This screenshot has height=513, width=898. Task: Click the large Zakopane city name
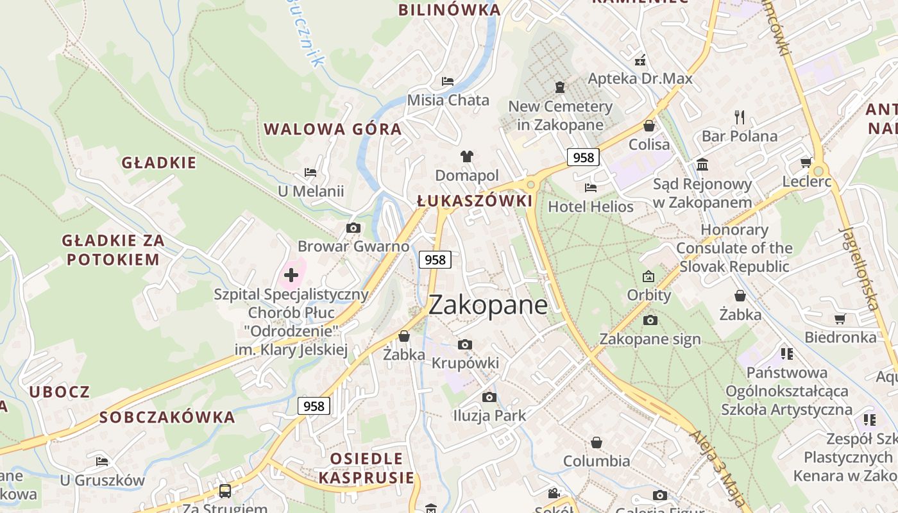487,305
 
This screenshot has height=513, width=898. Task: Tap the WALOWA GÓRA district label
333,129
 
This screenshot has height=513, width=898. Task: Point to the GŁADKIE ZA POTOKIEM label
113,250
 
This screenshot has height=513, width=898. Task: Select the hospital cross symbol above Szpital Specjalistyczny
291,276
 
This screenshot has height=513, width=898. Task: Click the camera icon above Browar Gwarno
353,228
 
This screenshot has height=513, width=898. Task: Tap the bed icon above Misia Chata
448,81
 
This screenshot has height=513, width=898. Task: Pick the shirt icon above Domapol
466,156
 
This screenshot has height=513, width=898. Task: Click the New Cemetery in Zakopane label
560,115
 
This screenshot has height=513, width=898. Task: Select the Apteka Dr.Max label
640,79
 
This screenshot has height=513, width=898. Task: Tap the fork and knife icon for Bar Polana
740,117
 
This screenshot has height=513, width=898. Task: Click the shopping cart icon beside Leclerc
806,163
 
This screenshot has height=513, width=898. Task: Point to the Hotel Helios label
590,206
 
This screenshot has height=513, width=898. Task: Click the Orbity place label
648,295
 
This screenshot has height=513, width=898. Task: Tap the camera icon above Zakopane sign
650,320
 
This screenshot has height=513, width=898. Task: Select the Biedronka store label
840,337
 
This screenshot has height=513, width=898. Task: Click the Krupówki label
465,363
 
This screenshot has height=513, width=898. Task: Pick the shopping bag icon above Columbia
597,442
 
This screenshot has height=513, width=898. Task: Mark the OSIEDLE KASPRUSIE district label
367,468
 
